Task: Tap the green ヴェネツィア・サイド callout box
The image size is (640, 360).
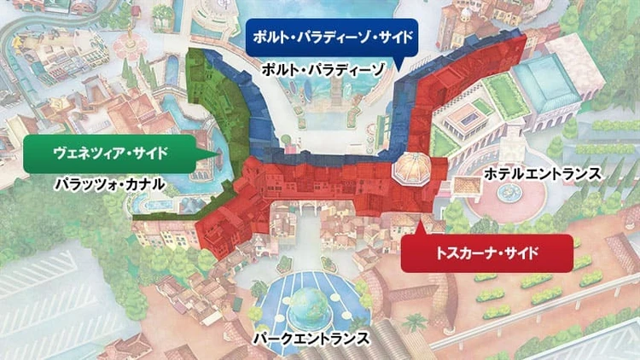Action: point(108,153)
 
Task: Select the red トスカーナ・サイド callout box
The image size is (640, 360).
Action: point(485,253)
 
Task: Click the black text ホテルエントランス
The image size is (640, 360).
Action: point(542,174)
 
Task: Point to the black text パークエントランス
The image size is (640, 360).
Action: point(311,339)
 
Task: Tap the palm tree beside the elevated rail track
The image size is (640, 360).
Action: point(418,322)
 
